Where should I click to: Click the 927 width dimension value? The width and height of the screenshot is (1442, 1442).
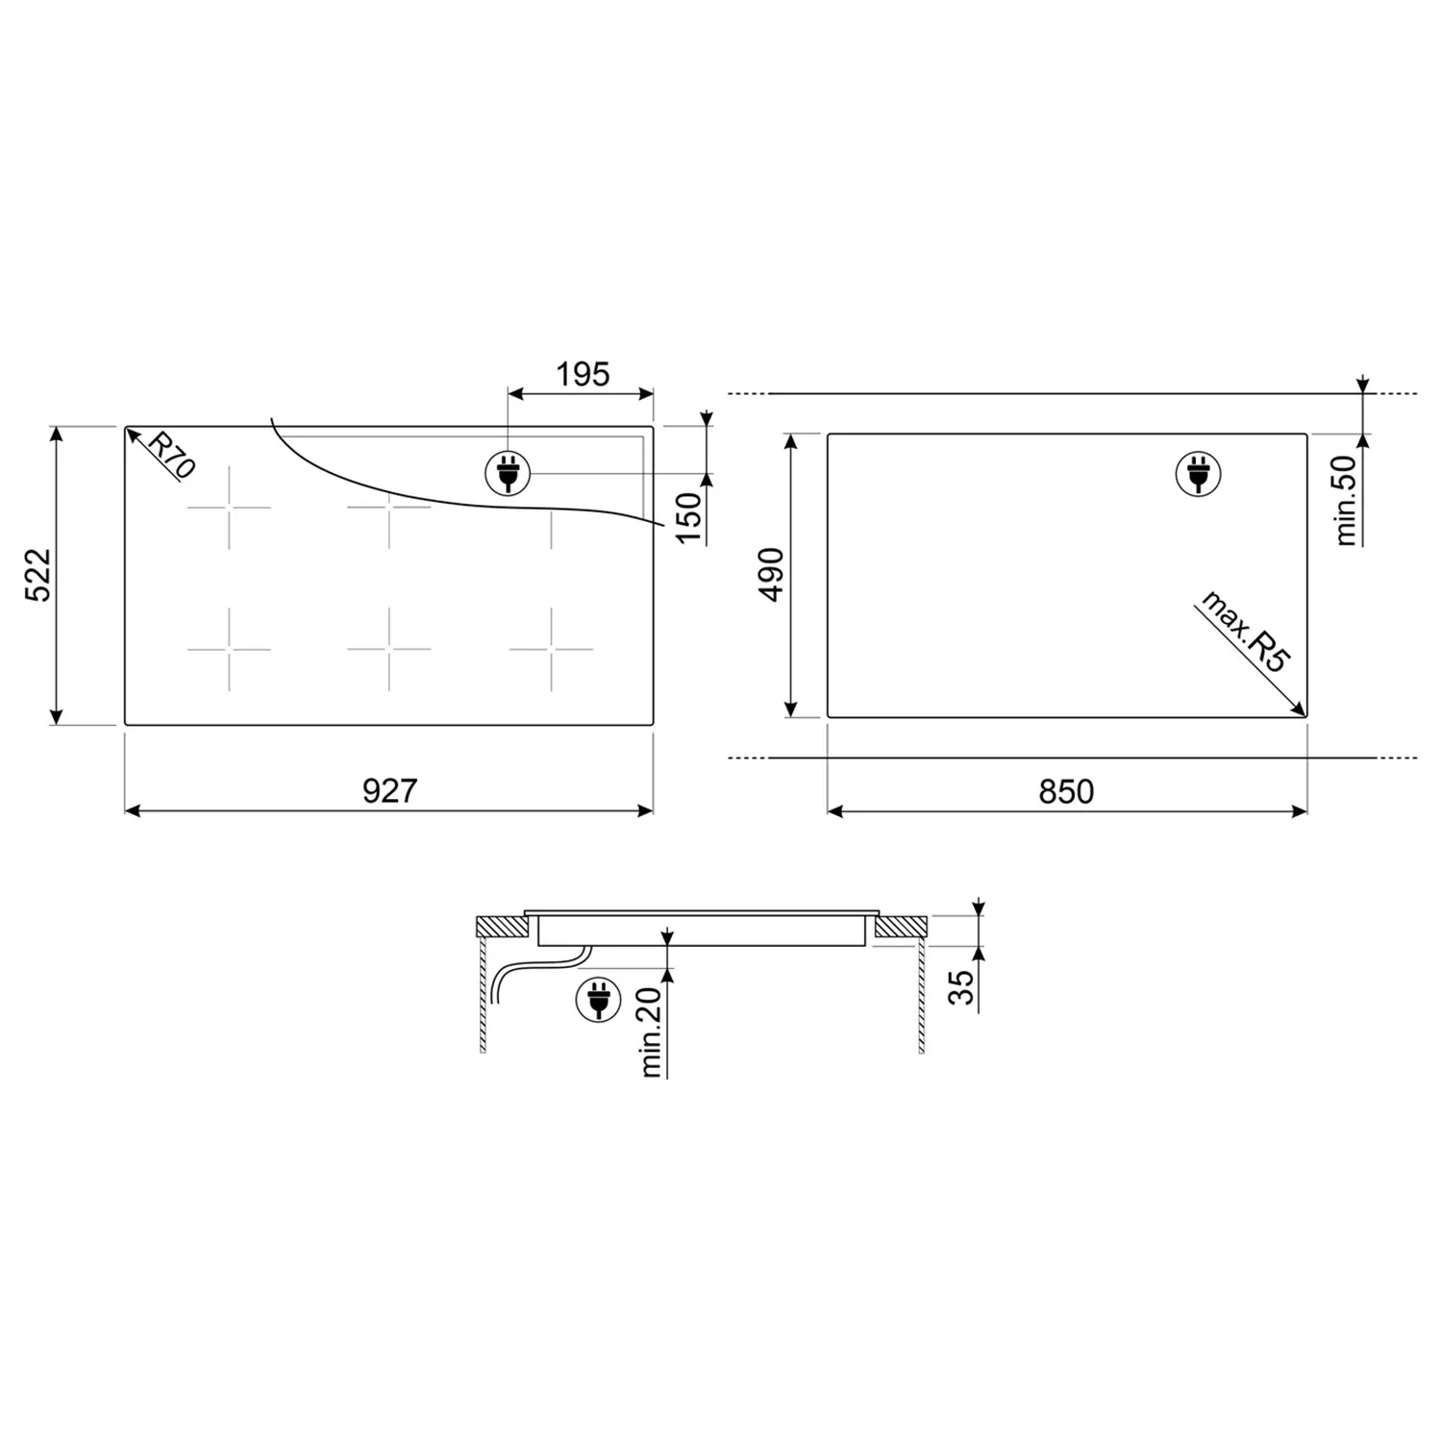[389, 790]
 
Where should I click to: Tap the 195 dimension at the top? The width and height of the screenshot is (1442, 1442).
[583, 374]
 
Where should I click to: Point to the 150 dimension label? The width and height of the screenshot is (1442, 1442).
[689, 516]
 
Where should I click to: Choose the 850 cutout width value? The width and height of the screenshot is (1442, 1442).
[1066, 791]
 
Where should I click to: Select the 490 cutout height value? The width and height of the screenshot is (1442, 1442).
[772, 575]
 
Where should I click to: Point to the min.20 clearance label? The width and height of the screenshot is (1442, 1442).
[651, 1032]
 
